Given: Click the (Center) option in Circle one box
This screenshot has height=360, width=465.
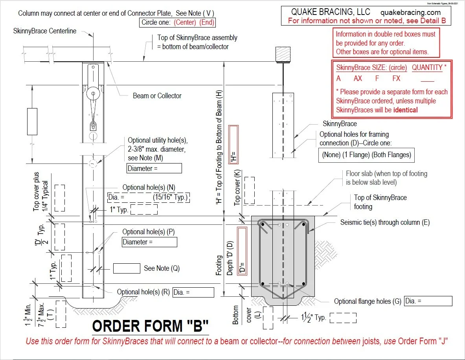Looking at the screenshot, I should pyautogui.click(x=186, y=22).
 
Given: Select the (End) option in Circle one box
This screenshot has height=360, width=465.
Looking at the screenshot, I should pyautogui.click(x=207, y=22).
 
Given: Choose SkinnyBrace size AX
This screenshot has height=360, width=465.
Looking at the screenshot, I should pyautogui.click(x=358, y=79).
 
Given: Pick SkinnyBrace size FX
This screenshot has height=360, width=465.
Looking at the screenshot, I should pyautogui.click(x=396, y=79).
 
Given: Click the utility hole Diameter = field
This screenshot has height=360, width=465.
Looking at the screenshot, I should pyautogui.click(x=154, y=168).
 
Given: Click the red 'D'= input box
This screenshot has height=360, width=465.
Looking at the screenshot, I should pyautogui.click(x=243, y=252).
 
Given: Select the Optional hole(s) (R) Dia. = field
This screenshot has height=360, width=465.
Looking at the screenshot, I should pyautogui.click(x=193, y=292).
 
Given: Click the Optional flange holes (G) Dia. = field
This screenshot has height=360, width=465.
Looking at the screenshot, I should pyautogui.click(x=428, y=301).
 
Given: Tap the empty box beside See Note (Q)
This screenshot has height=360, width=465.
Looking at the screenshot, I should pyautogui.click(x=127, y=268).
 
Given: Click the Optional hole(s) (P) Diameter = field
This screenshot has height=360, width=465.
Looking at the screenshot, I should pyautogui.click(x=149, y=242).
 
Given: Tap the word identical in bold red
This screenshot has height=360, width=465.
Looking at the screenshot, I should pyautogui.click(x=406, y=110).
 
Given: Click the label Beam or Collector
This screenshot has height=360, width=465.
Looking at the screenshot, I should pyautogui.click(x=157, y=96).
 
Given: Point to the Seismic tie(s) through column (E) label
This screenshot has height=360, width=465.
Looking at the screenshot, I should pyautogui.click(x=385, y=222).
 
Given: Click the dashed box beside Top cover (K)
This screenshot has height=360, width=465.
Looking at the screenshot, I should pyautogui.click(x=249, y=191).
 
